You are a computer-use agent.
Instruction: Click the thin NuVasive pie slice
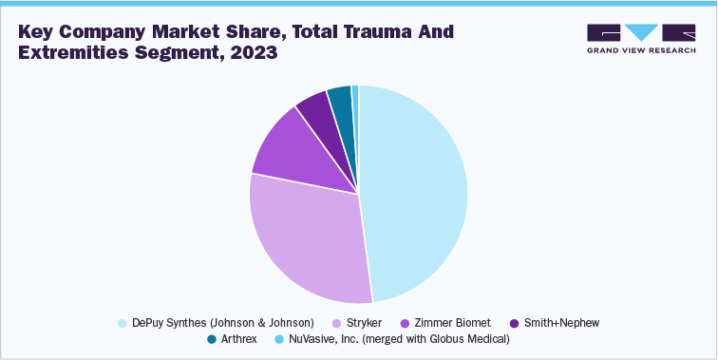(355, 91)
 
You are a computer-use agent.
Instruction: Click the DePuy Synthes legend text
(222, 323)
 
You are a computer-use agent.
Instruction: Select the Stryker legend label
(364, 323)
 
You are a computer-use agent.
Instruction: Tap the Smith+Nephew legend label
(562, 323)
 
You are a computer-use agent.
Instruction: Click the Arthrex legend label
(244, 338)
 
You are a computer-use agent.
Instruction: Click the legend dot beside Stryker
(336, 323)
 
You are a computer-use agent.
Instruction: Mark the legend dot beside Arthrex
(212, 338)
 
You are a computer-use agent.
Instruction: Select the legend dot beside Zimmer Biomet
(405, 323)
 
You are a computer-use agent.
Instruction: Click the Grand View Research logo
(642, 38)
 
